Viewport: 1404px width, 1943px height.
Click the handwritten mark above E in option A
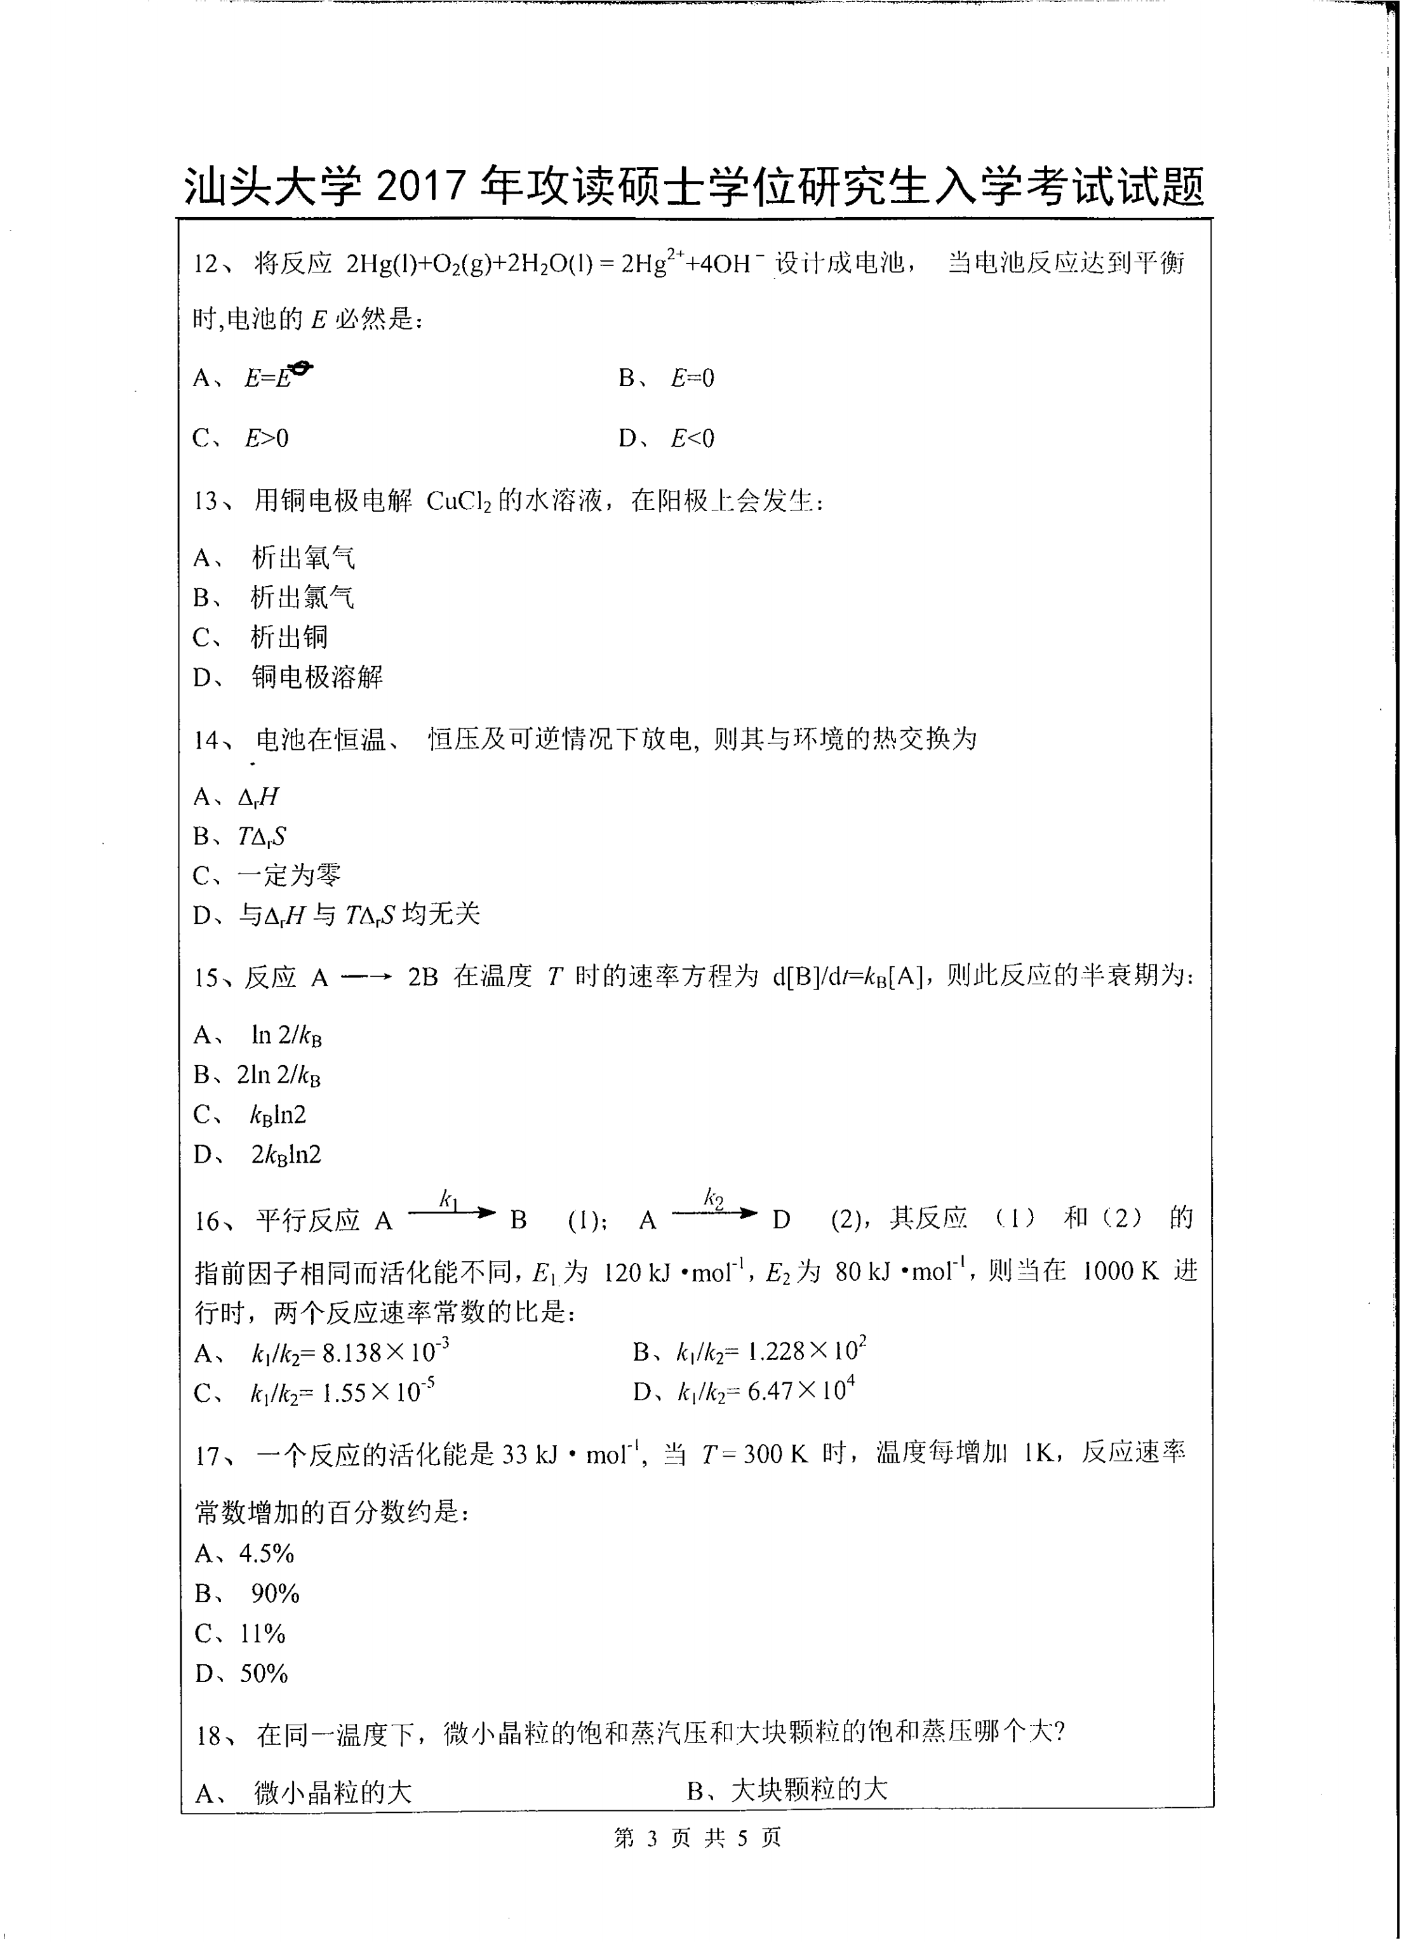click(300, 368)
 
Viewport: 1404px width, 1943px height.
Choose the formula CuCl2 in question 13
click(458, 501)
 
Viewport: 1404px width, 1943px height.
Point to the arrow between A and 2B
click(366, 977)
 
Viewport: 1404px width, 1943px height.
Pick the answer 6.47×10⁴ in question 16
click(801, 1392)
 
